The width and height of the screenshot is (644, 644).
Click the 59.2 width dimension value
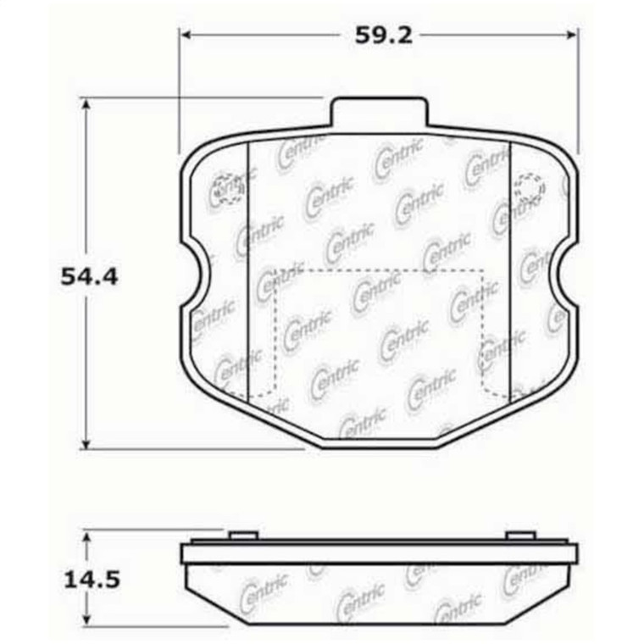pos(378,36)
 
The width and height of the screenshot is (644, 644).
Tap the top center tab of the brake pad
pos(378,113)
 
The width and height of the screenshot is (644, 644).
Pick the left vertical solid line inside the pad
pos(246,271)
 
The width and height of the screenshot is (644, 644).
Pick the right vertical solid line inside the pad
pos(511,271)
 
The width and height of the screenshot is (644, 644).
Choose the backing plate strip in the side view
pos(378,555)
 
